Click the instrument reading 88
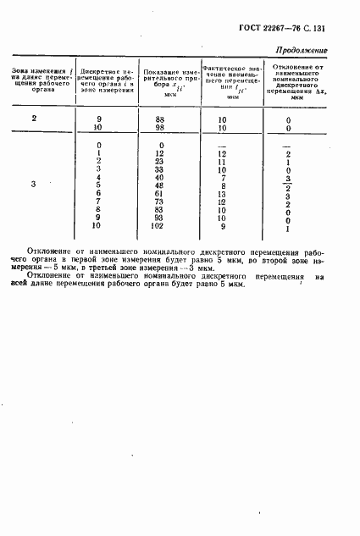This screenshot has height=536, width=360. pos(158,120)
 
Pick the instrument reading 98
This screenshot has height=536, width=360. pos(158,129)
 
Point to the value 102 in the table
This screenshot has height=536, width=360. pos(158,227)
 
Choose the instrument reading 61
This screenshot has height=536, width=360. pos(158,194)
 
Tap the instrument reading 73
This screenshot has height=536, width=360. pos(158,202)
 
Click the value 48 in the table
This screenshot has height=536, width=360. pos(158,186)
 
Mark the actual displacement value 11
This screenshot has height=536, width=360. pos(223,162)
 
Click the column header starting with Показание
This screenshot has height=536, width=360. pos(158,80)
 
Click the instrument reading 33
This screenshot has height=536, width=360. pos(158,169)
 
